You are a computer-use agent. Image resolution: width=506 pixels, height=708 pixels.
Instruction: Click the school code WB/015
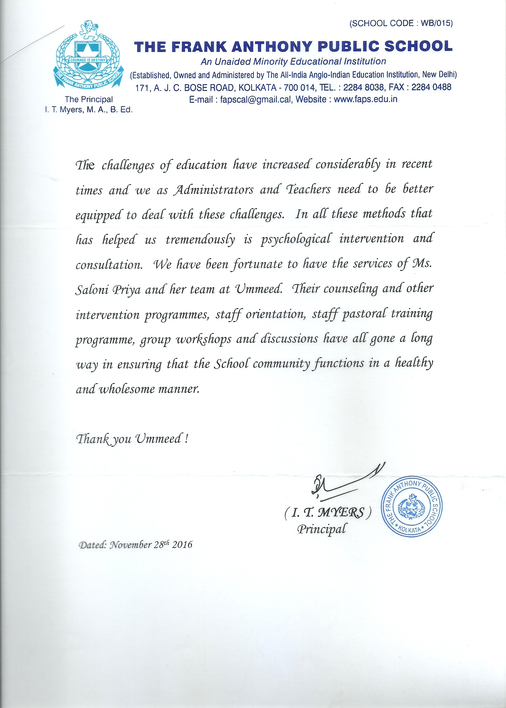tap(436, 23)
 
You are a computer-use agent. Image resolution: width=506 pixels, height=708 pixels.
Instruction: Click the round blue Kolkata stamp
tap(411, 507)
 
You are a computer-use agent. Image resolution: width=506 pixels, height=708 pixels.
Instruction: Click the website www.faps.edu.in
tap(365, 100)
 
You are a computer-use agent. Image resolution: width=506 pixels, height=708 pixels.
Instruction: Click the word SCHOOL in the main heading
tap(418, 47)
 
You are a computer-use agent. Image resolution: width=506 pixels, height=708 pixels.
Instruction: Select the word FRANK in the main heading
tap(199, 47)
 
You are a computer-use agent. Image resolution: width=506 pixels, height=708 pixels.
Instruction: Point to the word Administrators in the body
tap(214, 190)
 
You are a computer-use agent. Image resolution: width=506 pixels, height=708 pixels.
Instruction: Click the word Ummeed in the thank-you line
tap(159, 439)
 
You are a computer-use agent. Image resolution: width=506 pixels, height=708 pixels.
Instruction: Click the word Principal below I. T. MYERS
tap(321, 529)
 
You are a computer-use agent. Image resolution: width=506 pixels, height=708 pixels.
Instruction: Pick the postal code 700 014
tap(299, 88)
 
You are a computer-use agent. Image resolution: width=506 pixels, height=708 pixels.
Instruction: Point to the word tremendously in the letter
tap(200, 240)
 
